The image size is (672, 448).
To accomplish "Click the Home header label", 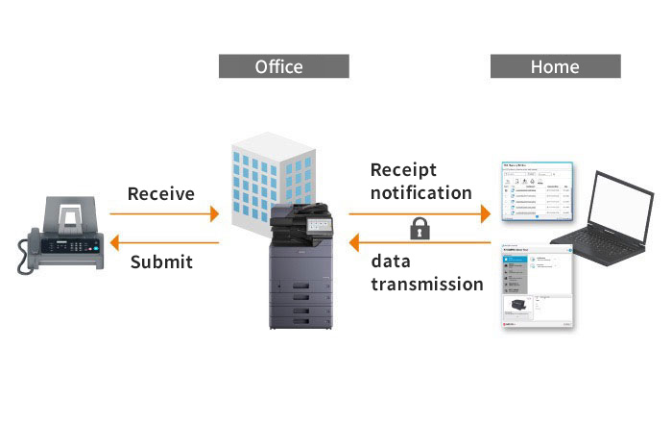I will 555,66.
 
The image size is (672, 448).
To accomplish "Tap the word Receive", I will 161,193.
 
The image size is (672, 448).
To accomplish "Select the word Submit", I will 161,261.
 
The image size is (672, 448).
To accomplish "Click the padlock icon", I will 420,229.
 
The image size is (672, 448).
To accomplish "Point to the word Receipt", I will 404,170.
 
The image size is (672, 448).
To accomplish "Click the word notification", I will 421,192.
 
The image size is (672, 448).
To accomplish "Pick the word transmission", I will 427,284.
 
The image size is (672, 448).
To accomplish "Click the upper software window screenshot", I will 538,191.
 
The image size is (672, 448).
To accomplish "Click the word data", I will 391,261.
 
